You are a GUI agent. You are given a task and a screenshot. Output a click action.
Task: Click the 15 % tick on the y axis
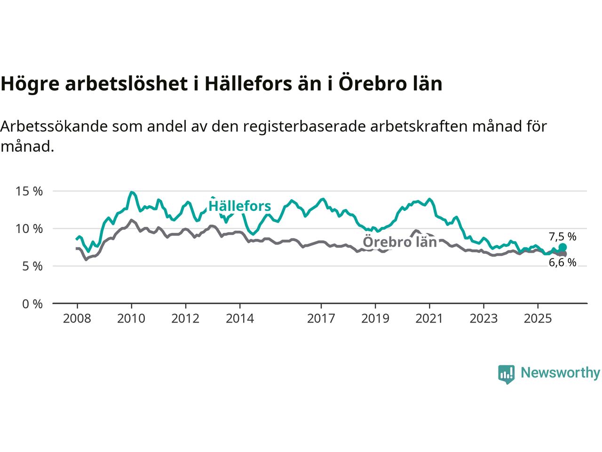click(29, 192)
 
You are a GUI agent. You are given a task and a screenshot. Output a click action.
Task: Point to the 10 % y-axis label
click(29, 229)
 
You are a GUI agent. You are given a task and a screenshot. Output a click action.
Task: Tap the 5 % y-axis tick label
click(32, 266)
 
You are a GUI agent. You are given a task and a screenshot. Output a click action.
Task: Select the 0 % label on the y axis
click(32, 304)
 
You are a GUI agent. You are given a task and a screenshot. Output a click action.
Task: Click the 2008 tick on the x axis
click(77, 319)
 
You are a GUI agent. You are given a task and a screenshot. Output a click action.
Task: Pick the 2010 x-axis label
click(131, 319)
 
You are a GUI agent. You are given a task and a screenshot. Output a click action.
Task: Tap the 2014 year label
click(240, 319)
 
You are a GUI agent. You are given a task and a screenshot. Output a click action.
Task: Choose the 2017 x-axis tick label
click(321, 319)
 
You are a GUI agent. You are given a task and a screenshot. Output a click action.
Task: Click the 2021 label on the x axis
click(429, 319)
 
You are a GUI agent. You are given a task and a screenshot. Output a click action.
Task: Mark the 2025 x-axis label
click(538, 319)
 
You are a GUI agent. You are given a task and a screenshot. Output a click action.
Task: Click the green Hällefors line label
click(240, 206)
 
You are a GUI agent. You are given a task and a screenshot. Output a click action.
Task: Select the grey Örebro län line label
click(400, 242)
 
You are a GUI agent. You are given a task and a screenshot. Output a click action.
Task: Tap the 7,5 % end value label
click(562, 237)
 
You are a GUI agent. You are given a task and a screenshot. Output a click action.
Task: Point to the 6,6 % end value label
click(562, 263)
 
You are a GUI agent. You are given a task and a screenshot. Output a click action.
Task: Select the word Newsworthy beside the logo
click(560, 373)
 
